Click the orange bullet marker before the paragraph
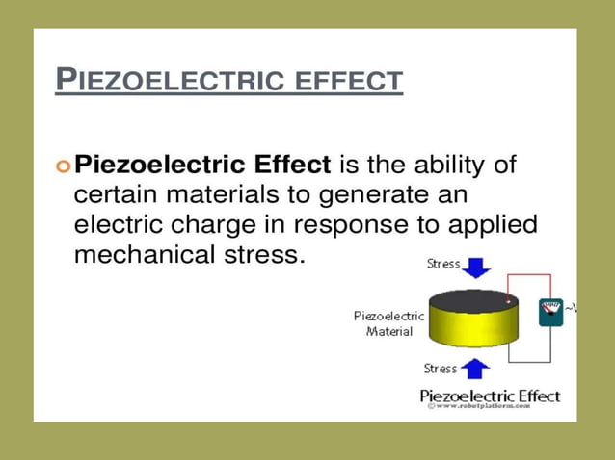point(64,166)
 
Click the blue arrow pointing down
point(476,265)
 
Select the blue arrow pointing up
point(475,368)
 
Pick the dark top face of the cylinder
point(472,299)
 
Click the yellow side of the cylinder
point(472,332)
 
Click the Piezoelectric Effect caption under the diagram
point(490,396)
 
